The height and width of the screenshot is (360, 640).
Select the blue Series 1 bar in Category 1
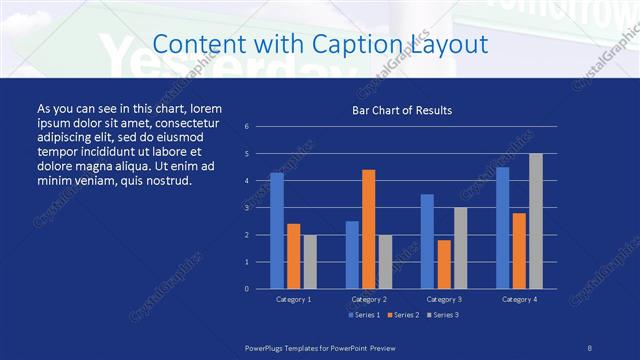click(x=277, y=231)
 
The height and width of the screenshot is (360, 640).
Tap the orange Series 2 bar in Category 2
click(x=369, y=229)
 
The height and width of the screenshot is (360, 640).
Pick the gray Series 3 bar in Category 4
click(x=536, y=221)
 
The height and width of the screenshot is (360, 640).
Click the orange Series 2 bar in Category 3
click(x=444, y=264)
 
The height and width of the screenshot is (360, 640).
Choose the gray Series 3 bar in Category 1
click(x=310, y=262)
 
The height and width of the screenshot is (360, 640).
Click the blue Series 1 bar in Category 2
click(x=352, y=255)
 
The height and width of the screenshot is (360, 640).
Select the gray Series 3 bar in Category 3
click(x=460, y=248)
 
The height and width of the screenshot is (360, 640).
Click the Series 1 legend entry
click(x=362, y=316)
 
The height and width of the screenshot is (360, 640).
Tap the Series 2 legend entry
click(x=402, y=316)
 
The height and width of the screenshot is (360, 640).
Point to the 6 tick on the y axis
click(x=247, y=127)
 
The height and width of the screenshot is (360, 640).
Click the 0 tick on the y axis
click(x=247, y=289)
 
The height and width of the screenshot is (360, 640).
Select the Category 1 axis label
click(x=294, y=299)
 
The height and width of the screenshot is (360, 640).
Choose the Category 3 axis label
click(x=444, y=299)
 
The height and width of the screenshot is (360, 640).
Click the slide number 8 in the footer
click(x=590, y=347)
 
